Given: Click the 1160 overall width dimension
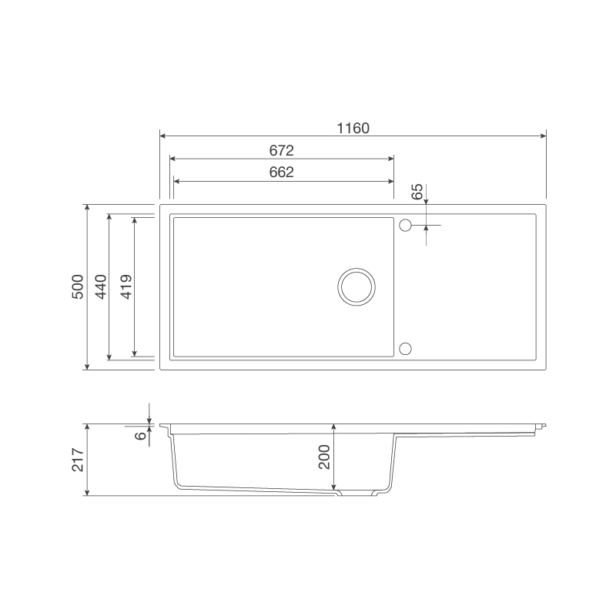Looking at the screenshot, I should coord(353,129).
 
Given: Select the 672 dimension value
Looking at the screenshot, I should coord(282,150).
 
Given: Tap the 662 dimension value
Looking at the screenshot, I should coord(282,173).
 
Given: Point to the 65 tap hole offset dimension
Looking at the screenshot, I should coord(417,192).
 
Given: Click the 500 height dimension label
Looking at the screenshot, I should coord(78,287).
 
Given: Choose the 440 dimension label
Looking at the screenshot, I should coord(101,287).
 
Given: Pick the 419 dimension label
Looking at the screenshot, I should coord(126,287).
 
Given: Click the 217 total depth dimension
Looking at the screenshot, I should coord(78,459).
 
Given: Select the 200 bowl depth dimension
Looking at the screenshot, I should coord(323,457).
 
